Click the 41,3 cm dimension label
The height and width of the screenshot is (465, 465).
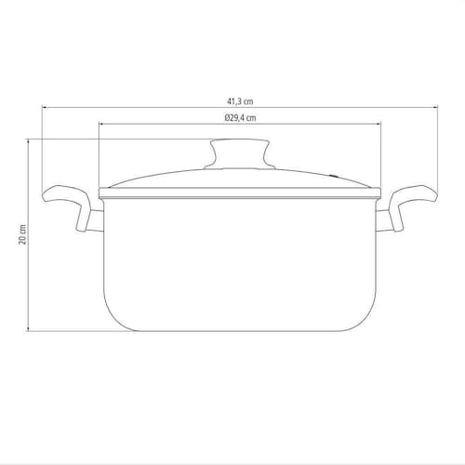(x=240, y=101)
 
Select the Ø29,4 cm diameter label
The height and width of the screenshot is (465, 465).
(x=241, y=118)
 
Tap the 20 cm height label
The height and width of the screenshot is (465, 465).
(x=22, y=234)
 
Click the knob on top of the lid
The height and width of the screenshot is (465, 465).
(x=240, y=154)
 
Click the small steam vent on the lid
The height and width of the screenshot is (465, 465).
(x=334, y=176)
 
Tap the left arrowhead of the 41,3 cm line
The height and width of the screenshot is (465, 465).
(x=44, y=107)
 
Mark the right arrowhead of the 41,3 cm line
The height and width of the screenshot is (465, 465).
(x=435, y=107)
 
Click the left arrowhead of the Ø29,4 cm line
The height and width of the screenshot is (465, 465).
(x=100, y=124)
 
